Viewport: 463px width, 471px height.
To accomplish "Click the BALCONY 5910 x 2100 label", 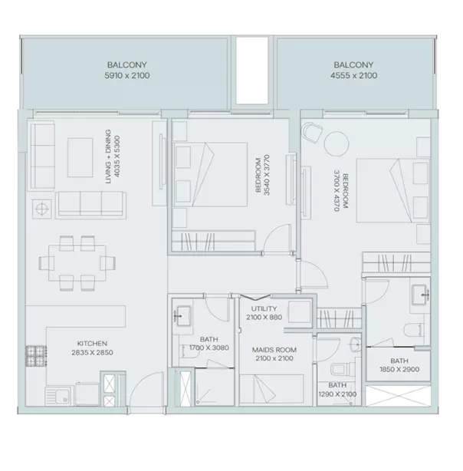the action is pos(127,70).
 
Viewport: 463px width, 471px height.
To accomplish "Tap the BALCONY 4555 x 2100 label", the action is pos(353,70).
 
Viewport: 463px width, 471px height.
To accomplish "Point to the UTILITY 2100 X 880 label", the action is pos(264,313).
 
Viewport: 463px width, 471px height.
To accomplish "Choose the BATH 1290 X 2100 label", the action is pos(337,390).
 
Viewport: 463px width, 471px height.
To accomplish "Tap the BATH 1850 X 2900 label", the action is pos(399,365).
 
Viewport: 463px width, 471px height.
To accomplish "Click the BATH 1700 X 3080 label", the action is pos(209,344).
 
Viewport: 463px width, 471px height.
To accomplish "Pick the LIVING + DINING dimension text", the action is pos(113,156).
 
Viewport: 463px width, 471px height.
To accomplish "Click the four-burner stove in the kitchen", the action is pos(36,356).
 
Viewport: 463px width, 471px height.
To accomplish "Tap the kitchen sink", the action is pos(59,396).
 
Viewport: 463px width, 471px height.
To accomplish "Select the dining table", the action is pos(77,263).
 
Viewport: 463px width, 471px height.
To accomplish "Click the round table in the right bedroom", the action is pos(337,143).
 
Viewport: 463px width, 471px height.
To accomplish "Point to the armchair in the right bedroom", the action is pos(312,132).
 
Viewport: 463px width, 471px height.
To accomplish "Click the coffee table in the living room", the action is pos(80,157).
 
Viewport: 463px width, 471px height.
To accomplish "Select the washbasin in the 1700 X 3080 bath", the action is pos(182,316).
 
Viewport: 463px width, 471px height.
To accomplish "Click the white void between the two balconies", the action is pos(251,71).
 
